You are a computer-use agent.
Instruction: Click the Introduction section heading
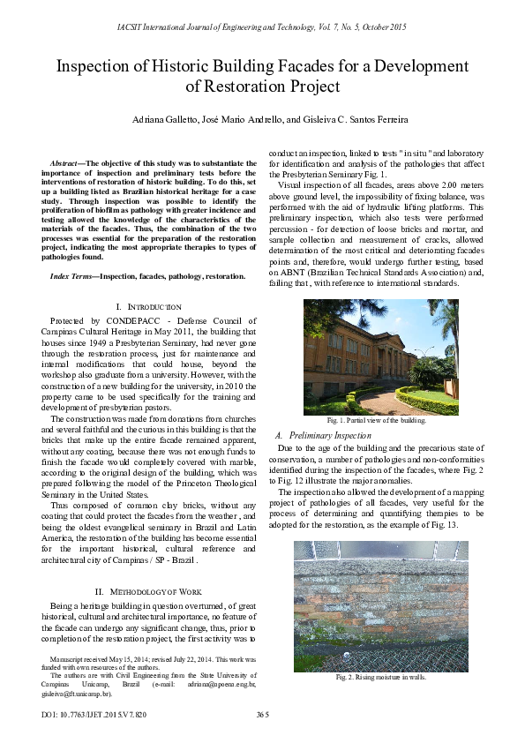click(154, 306)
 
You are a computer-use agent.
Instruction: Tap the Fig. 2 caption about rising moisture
click(380, 677)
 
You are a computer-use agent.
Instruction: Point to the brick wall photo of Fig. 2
click(380, 604)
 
